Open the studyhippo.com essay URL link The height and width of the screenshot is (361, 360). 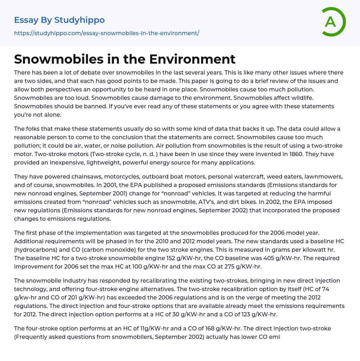[107, 33]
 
